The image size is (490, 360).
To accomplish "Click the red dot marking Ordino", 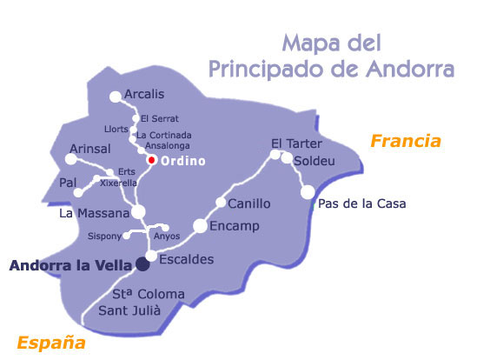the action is pos(151,160).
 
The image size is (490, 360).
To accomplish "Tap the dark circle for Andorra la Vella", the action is pos(142,264).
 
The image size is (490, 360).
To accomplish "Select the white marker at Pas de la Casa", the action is pos(308,193).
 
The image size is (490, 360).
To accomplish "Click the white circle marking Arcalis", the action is pos(115,97).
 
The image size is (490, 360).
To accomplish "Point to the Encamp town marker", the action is pos(200,226).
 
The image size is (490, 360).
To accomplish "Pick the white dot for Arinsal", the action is pos(71,159).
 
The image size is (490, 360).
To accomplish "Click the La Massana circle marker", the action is pos(138,212).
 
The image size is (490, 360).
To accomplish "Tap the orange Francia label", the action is pos(406,141).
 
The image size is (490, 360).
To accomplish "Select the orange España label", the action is pos(51,342).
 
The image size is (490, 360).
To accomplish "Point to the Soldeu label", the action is pos(314,162).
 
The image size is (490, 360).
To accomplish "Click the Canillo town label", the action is pos(249,203).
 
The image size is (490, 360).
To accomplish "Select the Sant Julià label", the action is pos(142,310).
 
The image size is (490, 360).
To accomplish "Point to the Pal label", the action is pos(68,184).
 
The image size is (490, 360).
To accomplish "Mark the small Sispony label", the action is pos(105,236).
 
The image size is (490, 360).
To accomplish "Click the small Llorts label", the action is pos(116,129).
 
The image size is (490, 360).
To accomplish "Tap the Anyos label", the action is pos(166,236).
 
